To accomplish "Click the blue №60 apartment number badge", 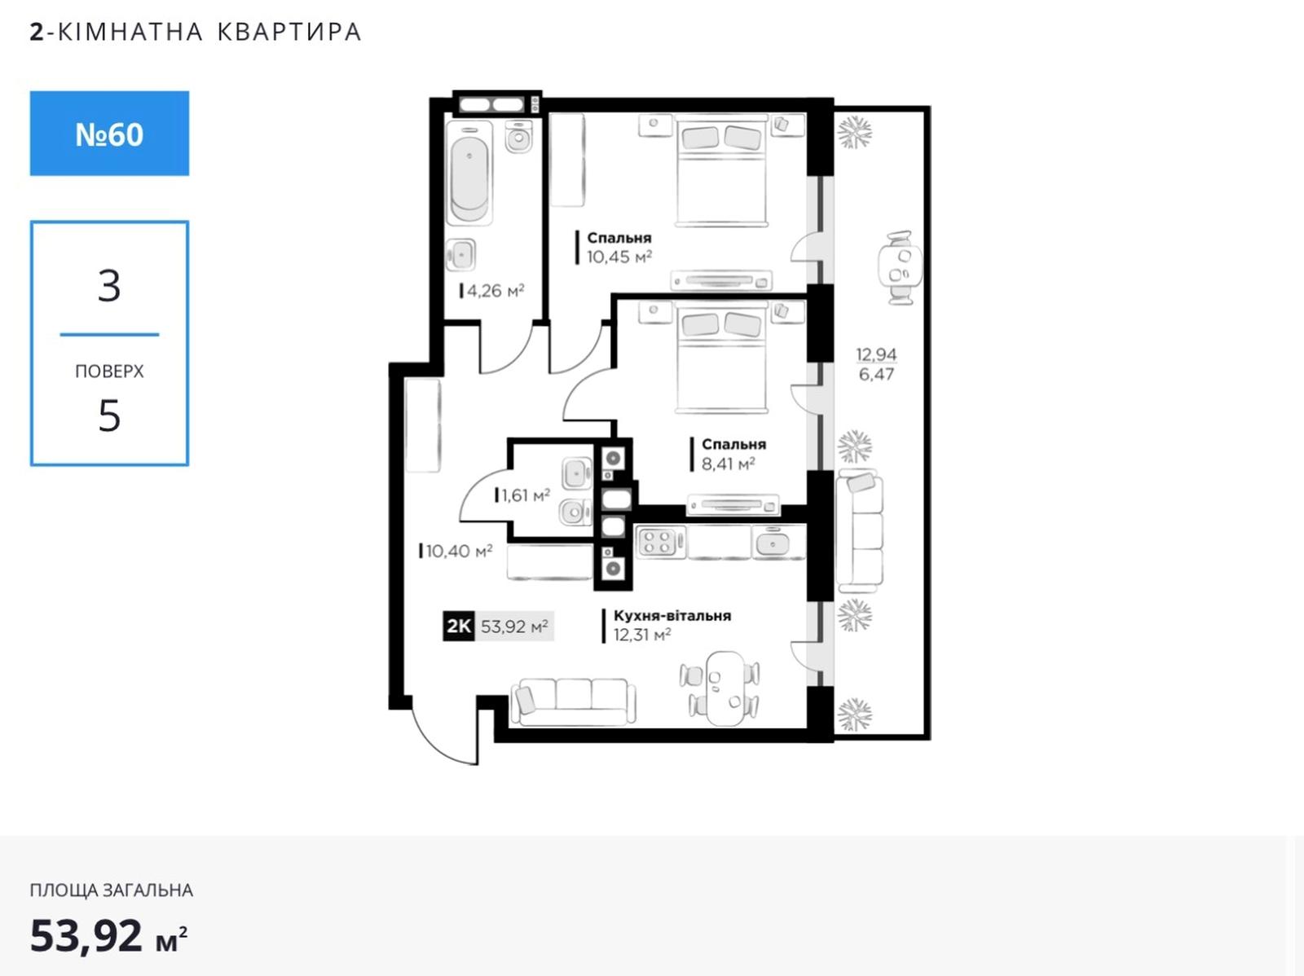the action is [109, 134].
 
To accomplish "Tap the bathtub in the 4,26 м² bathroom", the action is [469, 173].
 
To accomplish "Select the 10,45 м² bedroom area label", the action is [619, 257].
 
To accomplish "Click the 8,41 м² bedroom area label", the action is [729, 464].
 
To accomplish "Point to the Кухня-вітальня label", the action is [672, 616].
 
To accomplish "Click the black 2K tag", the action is [459, 626].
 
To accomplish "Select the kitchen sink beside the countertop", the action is [771, 542].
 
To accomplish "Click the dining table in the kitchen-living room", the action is [725, 688].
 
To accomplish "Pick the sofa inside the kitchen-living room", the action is [573, 701].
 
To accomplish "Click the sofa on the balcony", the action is [859, 530].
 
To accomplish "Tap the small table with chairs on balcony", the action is [900, 268].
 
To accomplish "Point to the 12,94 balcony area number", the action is [876, 354].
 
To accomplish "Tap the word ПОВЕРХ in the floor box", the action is [109, 371].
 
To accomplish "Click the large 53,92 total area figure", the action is [86, 935].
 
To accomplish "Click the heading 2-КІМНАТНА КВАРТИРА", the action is [196, 32].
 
